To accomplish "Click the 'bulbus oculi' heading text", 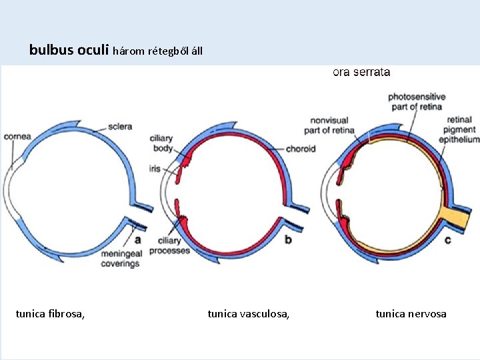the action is (70, 49).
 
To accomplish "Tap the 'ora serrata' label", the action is (361, 72).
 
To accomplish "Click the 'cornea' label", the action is (17, 137).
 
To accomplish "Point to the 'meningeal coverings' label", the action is (120, 259).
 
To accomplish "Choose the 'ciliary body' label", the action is (162, 142).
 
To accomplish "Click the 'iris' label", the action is (155, 169).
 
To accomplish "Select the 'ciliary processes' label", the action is (169, 245).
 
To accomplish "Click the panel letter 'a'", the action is (137, 238).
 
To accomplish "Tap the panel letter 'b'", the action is (288, 238).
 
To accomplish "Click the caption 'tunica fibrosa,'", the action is (50, 313).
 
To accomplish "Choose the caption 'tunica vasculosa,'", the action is (249, 313).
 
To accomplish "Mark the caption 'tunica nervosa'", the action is (411, 313).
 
